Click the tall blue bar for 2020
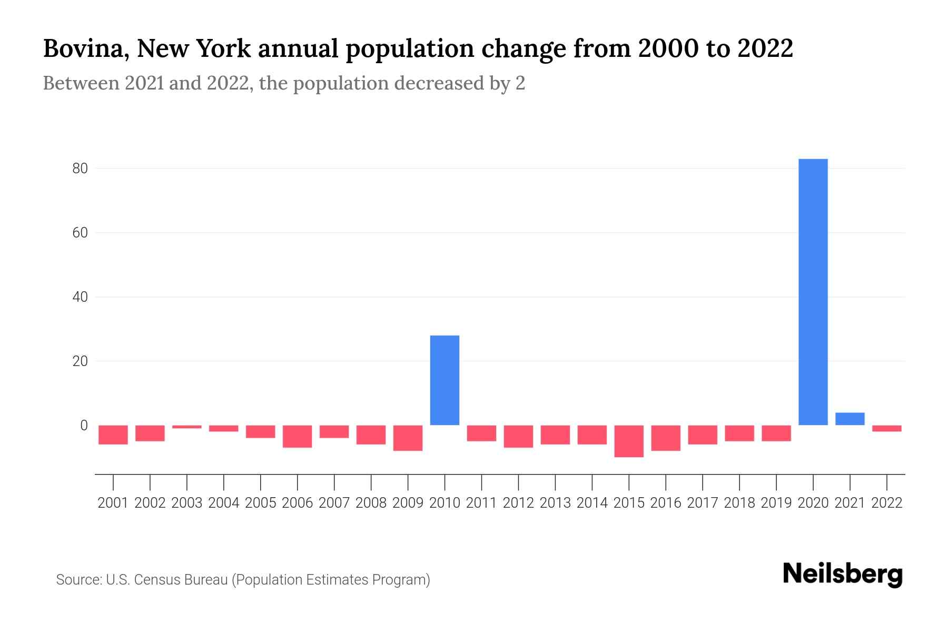(813, 292)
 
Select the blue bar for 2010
(445, 380)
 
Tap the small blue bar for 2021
(850, 419)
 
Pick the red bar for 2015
(629, 441)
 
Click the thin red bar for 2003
(187, 427)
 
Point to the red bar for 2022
(887, 429)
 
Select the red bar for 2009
(408, 438)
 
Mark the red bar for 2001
(113, 435)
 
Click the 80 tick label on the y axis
(80, 169)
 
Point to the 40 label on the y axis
(80, 297)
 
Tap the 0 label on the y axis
(84, 426)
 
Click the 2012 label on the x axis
(518, 503)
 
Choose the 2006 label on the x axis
(298, 503)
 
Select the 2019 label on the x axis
(776, 503)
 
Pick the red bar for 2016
(666, 438)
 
